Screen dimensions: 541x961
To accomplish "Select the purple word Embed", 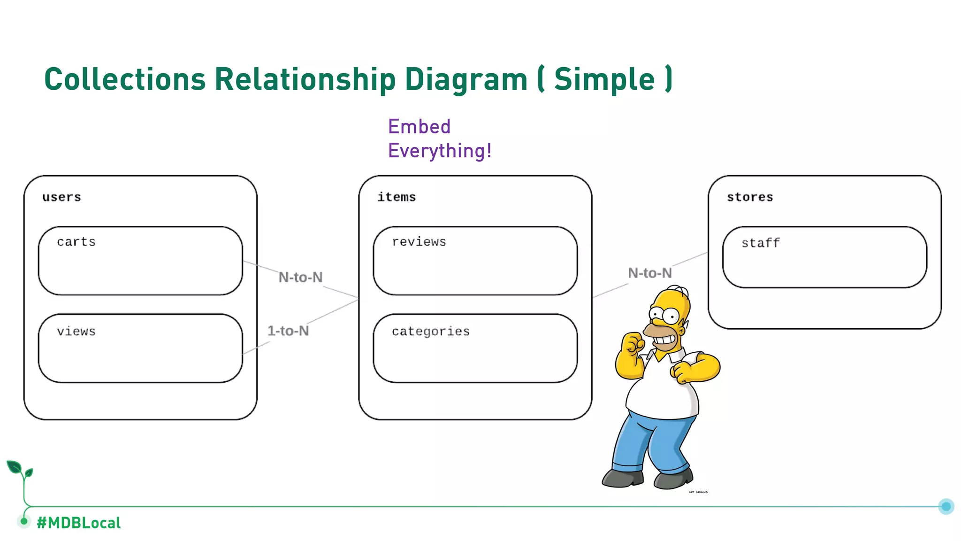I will tap(419, 127).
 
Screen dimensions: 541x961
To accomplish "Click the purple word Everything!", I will tap(440, 151).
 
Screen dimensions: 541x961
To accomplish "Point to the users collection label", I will tap(61, 197).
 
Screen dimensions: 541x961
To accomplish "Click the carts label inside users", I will tap(76, 242).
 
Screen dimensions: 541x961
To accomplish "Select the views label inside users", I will tap(76, 332).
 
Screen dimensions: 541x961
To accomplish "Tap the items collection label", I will tap(397, 197).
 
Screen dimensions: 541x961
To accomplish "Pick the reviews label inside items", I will tap(419, 242).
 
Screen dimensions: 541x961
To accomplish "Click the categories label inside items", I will tap(431, 332).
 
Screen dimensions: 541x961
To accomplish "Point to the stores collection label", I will tap(750, 197).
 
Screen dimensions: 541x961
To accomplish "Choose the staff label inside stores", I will tap(761, 243).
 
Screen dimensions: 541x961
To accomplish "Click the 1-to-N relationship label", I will tap(288, 331).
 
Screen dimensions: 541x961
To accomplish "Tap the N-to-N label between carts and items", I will tap(300, 278).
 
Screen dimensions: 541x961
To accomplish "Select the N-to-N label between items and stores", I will tap(650, 273).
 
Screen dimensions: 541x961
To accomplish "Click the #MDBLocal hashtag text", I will tap(79, 523).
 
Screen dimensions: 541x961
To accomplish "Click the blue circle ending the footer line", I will tap(946, 506).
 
